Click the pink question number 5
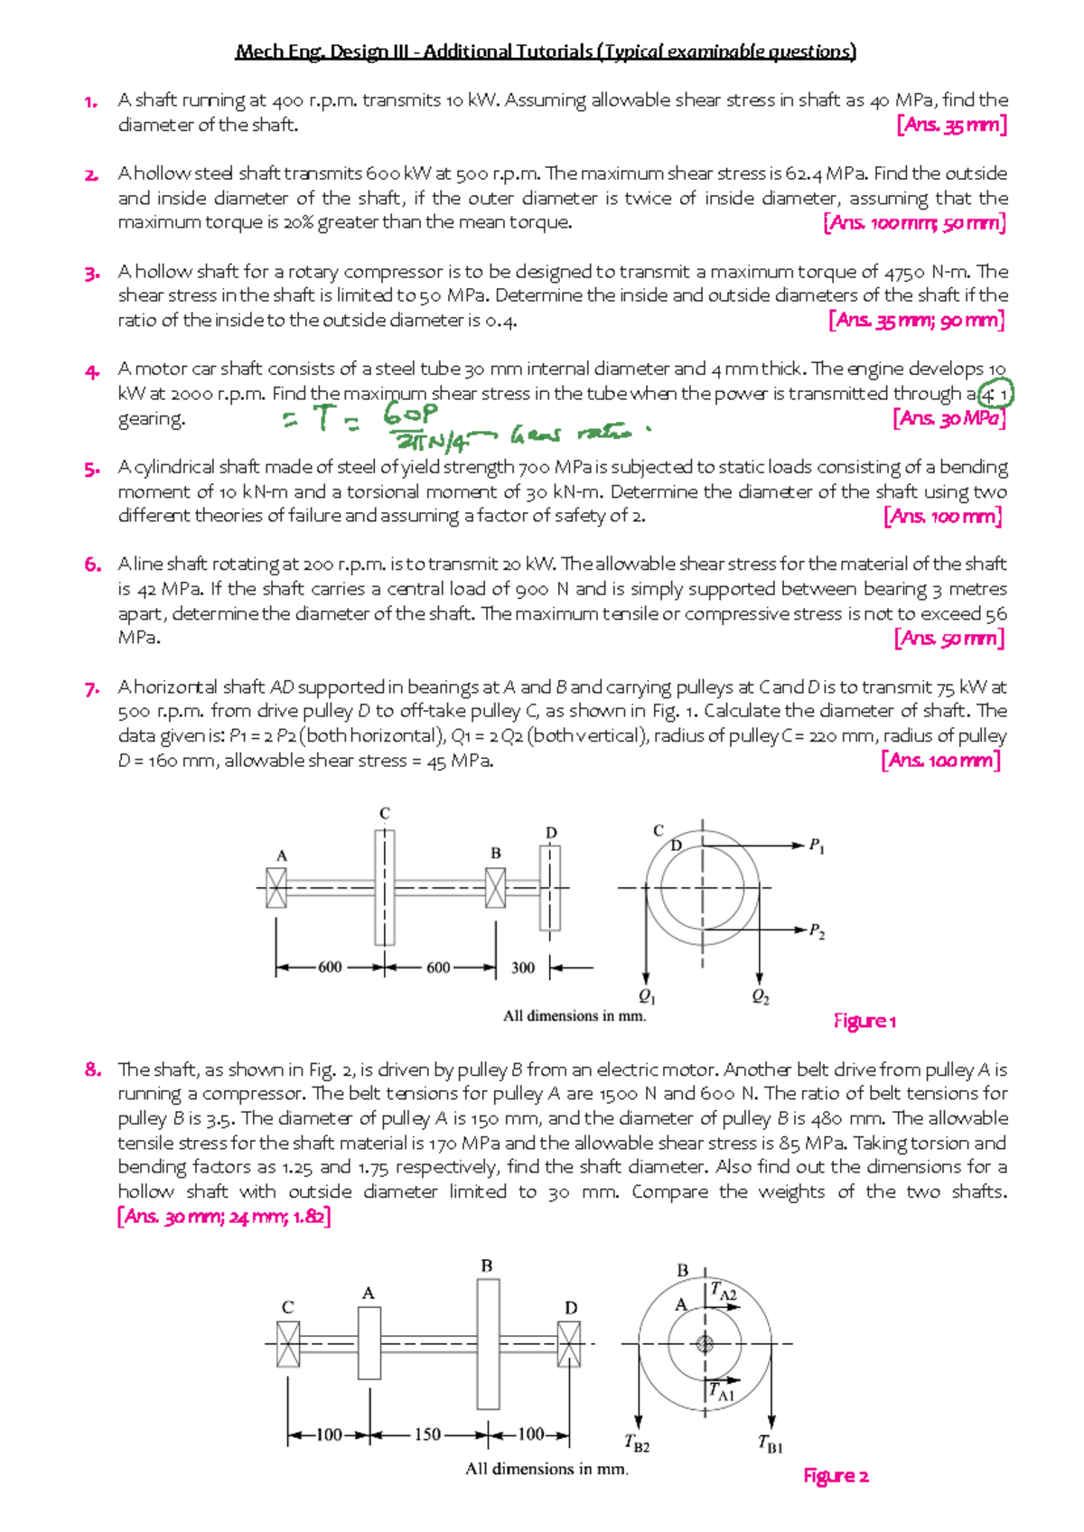[91, 469]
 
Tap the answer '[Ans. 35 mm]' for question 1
[951, 126]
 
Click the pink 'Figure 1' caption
[864, 1021]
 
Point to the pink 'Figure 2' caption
[836, 1476]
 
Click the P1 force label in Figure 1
[817, 845]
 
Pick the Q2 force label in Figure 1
[761, 996]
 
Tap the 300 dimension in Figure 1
[523, 967]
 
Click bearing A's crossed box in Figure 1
[276, 887]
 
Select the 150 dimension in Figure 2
[427, 1434]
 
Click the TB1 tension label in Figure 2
[770, 1444]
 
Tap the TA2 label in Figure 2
[724, 1293]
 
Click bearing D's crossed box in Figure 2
[569, 1344]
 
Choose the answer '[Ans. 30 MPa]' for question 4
[948, 418]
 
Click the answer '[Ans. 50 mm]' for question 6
[948, 639]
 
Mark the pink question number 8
[92, 1070]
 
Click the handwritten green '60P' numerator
[411, 415]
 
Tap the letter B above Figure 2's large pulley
[487, 1266]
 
